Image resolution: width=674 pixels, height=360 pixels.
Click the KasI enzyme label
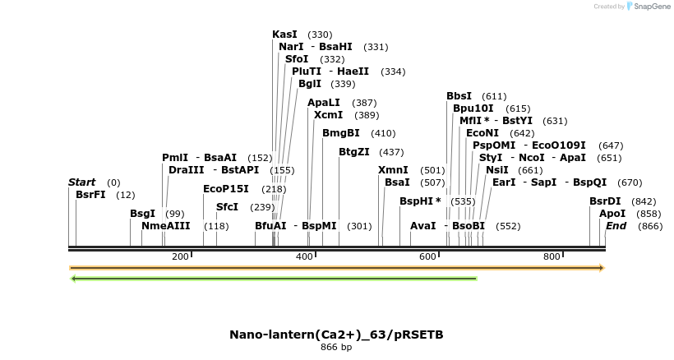tap(284, 35)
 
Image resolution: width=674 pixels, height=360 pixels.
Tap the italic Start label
tap(81, 182)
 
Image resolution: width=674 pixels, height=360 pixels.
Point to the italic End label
tap(616, 226)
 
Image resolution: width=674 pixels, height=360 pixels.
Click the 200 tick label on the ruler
tap(180, 257)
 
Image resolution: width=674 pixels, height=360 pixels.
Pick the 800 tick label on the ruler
tap(552, 257)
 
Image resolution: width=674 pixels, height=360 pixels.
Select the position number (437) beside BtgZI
tap(391, 152)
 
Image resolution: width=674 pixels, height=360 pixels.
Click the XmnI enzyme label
tap(393, 170)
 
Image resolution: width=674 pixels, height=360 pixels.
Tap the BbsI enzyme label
tap(459, 96)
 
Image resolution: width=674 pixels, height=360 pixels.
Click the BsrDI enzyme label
tap(606, 201)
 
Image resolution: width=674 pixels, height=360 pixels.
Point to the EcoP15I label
tap(226, 189)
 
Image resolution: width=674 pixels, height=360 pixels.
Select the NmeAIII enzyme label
tap(165, 226)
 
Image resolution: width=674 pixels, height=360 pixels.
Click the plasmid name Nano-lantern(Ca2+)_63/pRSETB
tap(336, 335)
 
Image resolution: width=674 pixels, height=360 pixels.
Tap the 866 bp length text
tap(336, 347)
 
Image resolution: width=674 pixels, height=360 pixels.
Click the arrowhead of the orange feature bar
tap(602, 268)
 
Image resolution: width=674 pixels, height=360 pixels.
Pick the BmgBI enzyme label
tap(340, 133)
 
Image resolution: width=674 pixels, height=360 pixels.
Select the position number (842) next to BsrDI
tap(644, 201)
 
